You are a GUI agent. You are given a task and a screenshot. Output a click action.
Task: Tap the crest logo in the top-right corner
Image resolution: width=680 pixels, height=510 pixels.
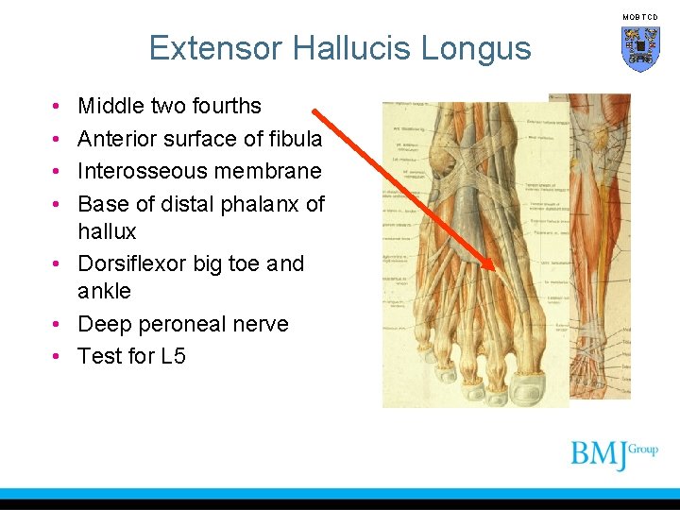coord(640,48)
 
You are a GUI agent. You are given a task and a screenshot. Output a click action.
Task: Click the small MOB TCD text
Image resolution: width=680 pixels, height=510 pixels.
coord(639,17)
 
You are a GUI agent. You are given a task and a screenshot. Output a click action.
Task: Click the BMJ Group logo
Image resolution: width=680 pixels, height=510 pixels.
coord(614,454)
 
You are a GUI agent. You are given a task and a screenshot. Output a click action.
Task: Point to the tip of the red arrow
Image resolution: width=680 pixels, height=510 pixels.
coord(494,270)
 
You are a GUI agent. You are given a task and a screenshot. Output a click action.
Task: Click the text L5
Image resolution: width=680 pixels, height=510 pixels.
coord(171,356)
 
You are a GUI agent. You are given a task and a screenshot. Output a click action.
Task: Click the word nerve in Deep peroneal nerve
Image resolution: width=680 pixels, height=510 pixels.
coord(260,324)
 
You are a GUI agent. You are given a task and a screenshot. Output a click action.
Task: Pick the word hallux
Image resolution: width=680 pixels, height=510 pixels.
coord(107,231)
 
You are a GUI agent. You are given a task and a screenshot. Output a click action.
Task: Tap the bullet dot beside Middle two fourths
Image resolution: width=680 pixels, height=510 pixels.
coord(58,107)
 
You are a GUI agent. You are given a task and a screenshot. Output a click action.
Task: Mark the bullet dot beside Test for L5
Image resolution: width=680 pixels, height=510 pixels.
coord(58,357)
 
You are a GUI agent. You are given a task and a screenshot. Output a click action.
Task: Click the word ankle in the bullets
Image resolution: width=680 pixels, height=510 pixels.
coord(104,291)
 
